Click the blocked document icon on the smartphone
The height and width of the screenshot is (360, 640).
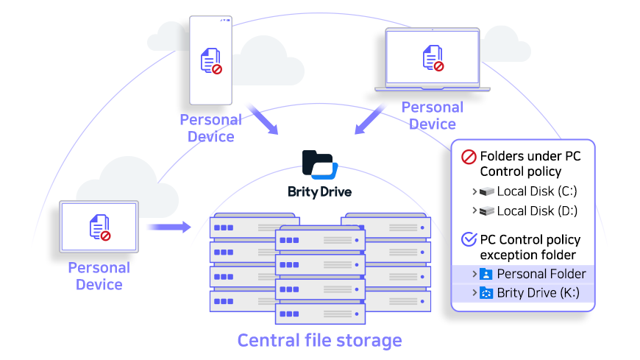211,61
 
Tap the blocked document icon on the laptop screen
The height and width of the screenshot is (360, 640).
433,58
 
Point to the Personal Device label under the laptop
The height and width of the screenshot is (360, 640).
433,116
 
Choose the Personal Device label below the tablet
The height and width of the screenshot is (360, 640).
99,275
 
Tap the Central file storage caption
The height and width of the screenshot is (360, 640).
319,340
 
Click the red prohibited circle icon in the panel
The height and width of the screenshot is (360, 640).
468,157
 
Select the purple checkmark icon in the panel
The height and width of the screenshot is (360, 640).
468,240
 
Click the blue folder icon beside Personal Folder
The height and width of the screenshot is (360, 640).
486,274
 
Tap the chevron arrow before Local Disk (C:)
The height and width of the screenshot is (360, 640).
474,191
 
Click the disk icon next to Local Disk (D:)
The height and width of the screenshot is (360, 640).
486,211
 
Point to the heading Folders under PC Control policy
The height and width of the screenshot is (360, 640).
530,163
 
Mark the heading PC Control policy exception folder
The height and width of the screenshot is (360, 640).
530,247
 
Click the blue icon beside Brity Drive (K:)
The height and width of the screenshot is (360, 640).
486,293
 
